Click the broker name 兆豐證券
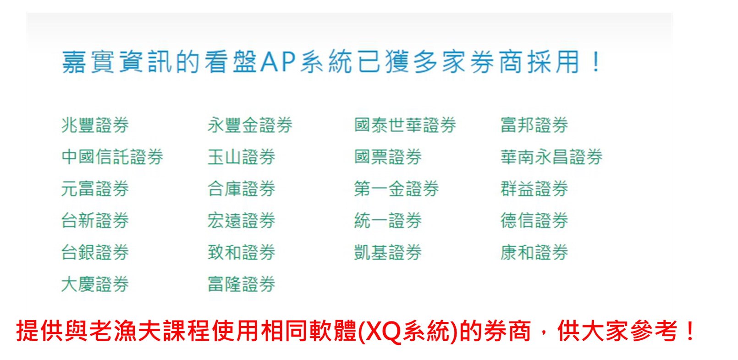(x=95, y=125)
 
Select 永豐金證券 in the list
(x=250, y=125)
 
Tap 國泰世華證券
(x=405, y=125)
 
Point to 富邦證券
(x=534, y=125)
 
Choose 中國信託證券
(x=112, y=156)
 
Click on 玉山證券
(x=242, y=156)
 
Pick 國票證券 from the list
(x=388, y=156)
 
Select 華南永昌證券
(x=551, y=156)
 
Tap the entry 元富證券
(x=95, y=188)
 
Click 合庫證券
(x=242, y=188)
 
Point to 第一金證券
(x=397, y=188)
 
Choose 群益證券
(x=534, y=188)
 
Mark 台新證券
(x=95, y=220)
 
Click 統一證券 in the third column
(x=388, y=220)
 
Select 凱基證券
(x=388, y=252)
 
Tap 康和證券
(x=534, y=252)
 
